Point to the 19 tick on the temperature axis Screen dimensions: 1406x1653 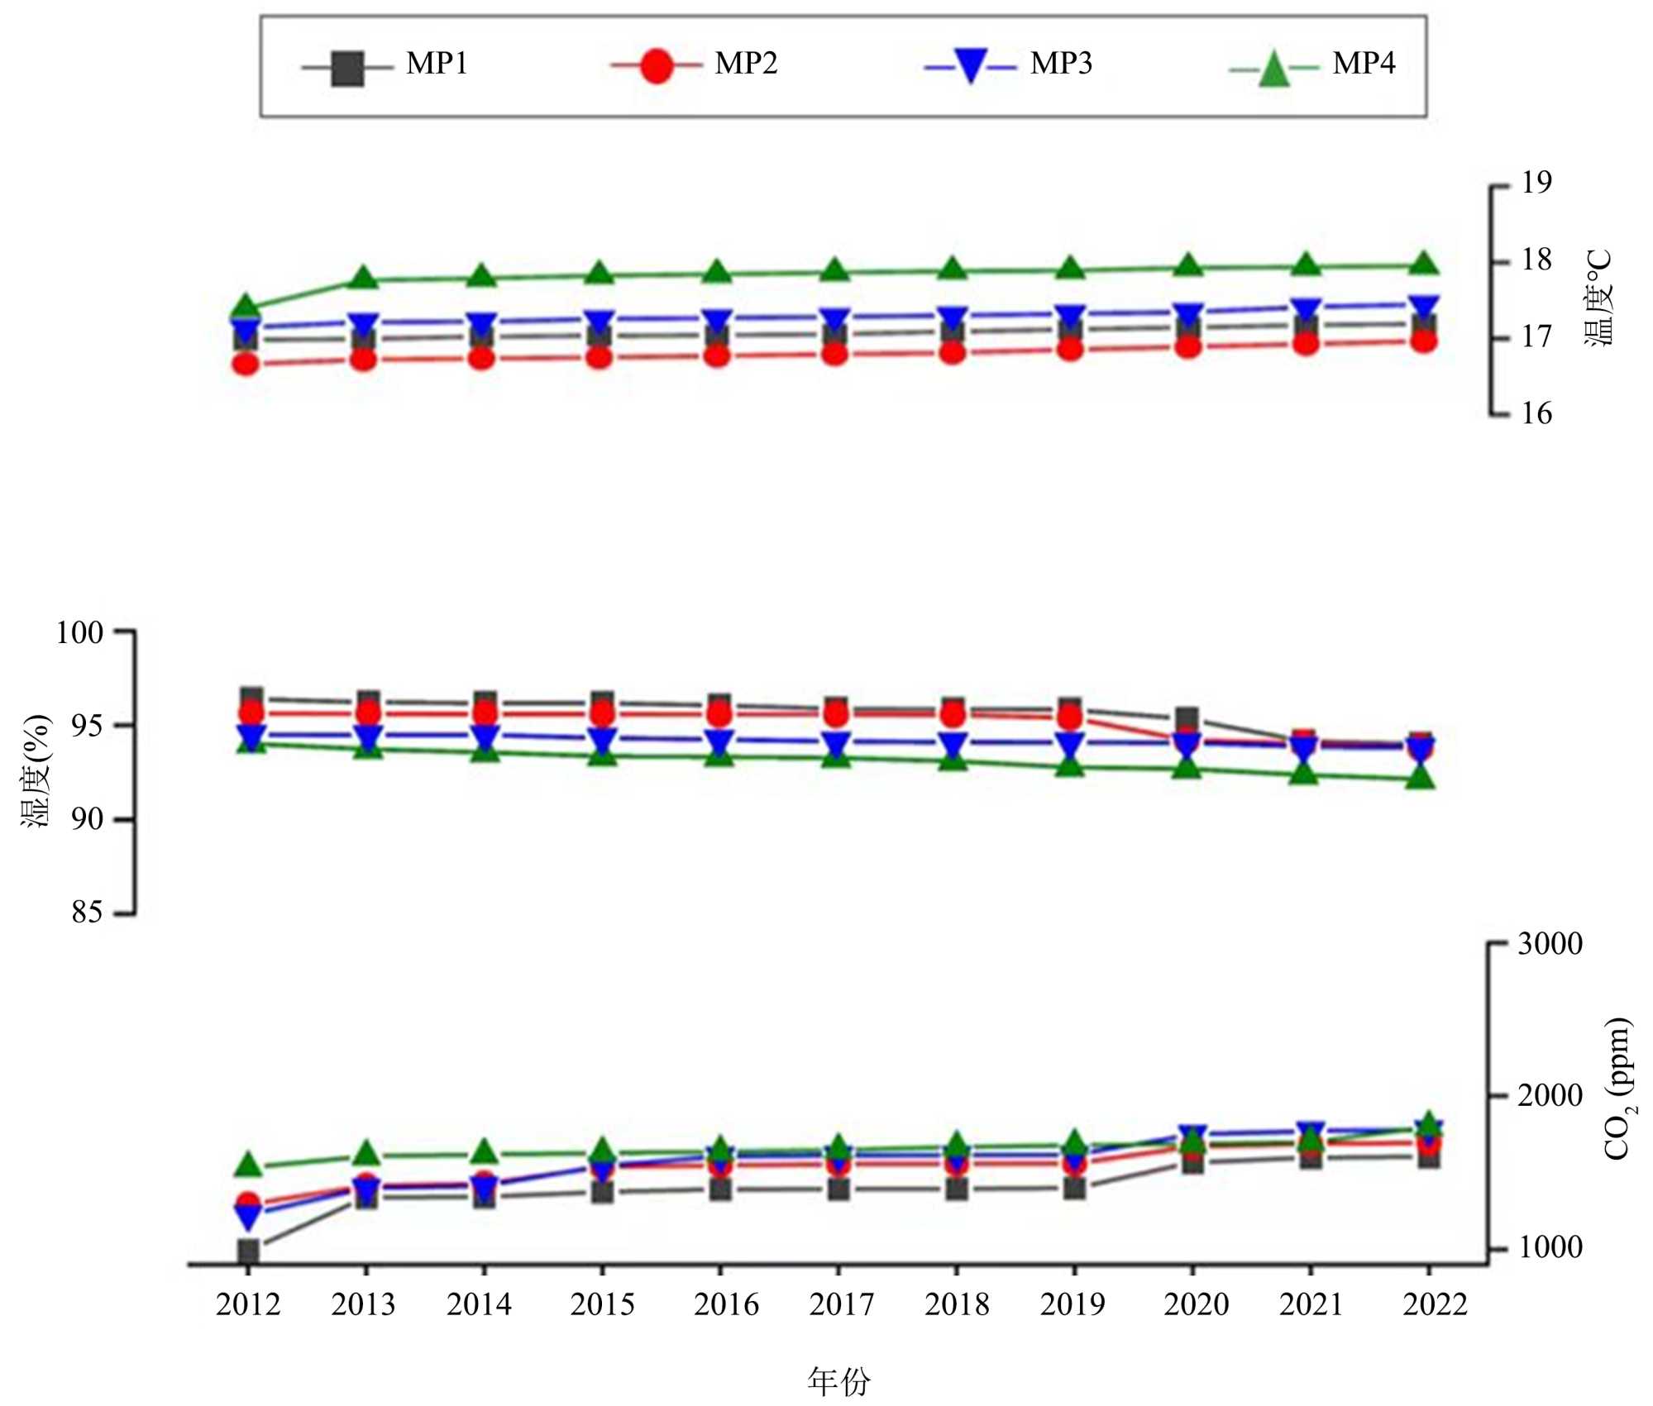[x=1536, y=183]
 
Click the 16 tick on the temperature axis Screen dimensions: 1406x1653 [x=1536, y=414]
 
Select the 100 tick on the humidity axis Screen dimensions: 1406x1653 [x=80, y=633]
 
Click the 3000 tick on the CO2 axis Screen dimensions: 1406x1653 [x=1549, y=944]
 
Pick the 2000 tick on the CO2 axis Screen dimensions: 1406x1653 [x=1549, y=1096]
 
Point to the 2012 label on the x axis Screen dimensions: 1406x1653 [x=248, y=1305]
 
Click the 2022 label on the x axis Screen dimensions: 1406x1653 [x=1435, y=1305]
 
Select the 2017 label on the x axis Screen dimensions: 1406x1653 [x=841, y=1305]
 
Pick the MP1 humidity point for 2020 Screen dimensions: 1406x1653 [x=1188, y=718]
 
